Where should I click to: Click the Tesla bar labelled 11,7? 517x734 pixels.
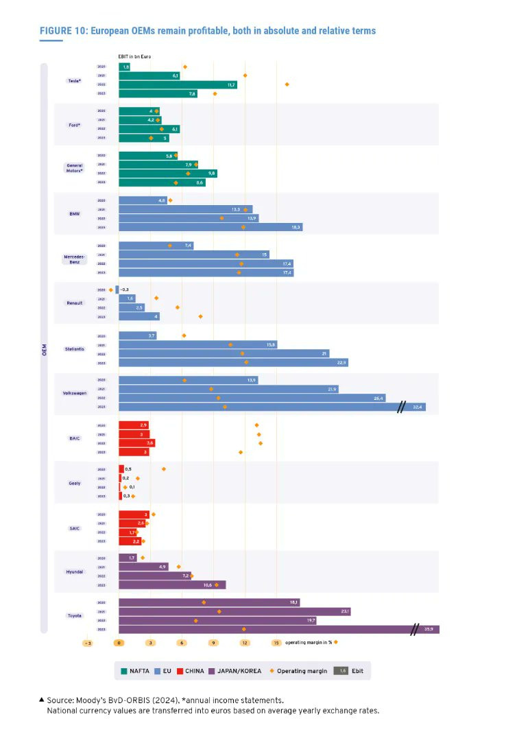point(178,84)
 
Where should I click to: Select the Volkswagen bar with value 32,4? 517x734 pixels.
point(272,407)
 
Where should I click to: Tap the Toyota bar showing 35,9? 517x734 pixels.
point(279,629)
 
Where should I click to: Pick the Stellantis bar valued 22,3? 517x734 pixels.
point(233,362)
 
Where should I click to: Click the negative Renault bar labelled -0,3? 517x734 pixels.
point(117,289)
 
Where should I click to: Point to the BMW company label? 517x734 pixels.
point(74,213)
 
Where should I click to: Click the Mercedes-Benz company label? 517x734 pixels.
point(74,259)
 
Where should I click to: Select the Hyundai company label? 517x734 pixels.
point(74,571)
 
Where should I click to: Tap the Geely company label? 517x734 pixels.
point(74,483)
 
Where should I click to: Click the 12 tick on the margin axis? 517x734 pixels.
point(245,643)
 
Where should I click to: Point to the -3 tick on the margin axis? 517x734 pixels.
point(87,643)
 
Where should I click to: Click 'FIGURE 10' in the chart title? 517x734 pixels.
point(63,31)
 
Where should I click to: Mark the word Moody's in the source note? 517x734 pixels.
point(93,700)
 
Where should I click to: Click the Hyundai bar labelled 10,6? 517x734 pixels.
point(172,585)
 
